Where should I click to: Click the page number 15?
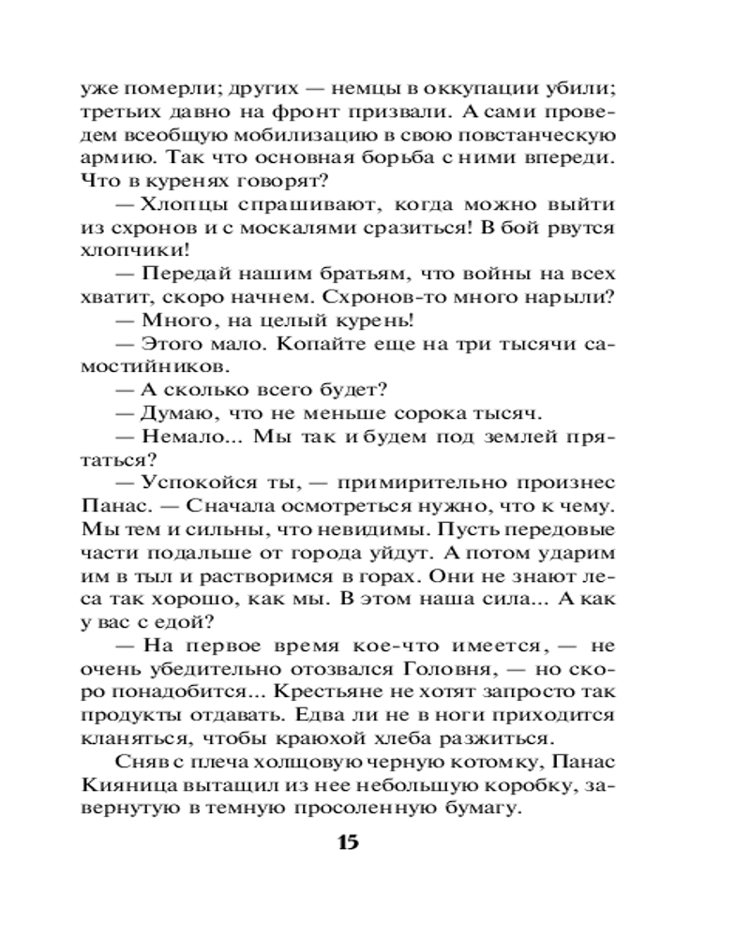346,841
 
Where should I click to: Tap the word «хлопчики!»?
149,252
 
